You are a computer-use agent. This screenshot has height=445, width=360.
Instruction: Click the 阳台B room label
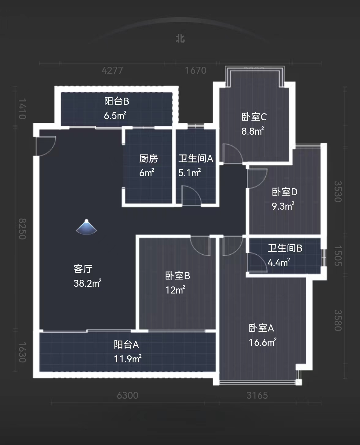[x=116, y=101]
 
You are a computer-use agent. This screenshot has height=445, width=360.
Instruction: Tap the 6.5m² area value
[x=115, y=116]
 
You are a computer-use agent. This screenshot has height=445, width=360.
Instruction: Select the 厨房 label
[x=148, y=159]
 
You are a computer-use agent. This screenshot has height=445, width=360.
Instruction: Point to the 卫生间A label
[x=196, y=159]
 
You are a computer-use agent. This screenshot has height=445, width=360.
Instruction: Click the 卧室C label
[x=254, y=117]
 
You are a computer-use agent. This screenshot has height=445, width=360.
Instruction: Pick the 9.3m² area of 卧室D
[x=283, y=206]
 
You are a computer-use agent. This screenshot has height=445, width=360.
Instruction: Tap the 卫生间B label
[x=285, y=248]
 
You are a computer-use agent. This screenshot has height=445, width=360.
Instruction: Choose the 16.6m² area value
[x=263, y=342]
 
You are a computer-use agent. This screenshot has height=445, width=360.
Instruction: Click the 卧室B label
[x=178, y=276]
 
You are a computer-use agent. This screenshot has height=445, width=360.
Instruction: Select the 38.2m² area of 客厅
[x=88, y=283]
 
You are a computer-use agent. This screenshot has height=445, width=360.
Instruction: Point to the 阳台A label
[x=126, y=345]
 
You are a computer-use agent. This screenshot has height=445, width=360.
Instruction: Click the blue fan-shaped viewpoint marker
[x=87, y=228]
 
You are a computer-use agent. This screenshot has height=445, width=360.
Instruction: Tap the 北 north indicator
[x=180, y=39]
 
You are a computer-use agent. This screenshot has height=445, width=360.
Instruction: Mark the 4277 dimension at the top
[x=112, y=70]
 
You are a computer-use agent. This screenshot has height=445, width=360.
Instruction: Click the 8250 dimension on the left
[x=22, y=229]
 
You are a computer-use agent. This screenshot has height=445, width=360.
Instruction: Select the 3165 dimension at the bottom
[x=257, y=395]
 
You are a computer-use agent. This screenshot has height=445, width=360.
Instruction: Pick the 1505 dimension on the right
[x=338, y=256]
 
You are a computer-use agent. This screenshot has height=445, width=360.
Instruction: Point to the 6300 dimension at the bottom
[x=128, y=395]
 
